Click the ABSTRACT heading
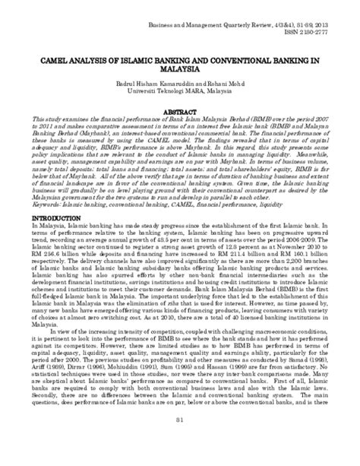click(x=181, y=110)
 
